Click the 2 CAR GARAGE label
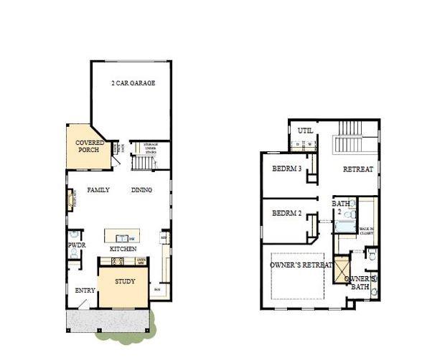pos(133,83)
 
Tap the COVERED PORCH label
pos(90,147)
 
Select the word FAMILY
pos(98,191)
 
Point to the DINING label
pos(141,191)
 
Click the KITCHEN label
pos(123,249)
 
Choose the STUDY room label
pos(125,282)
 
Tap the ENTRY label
pos(85,290)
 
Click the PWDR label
pos(77,246)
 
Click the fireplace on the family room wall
pos(71,199)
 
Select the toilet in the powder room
pos(74,235)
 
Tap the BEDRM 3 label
pos(286,169)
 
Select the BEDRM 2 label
pos(286,214)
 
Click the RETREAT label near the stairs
pos(357,170)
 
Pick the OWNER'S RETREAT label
pos(301,265)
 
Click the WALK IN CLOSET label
pos(366,230)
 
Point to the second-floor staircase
pos(349,138)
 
